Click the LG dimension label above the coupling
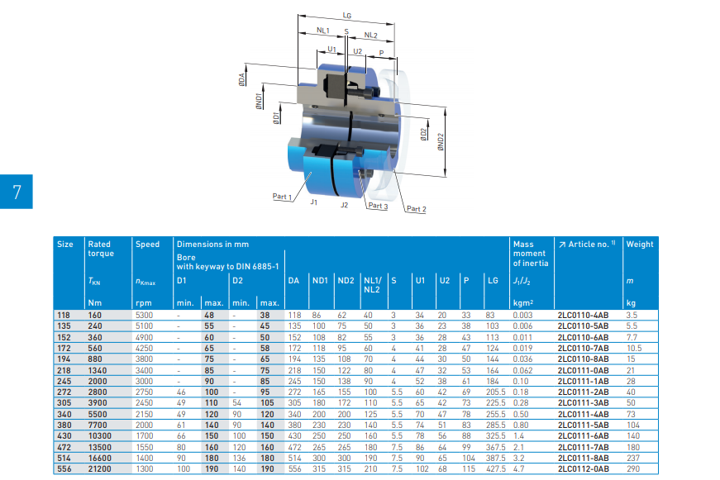click(x=346, y=16)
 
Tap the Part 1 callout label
click(x=282, y=197)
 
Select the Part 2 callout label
click(x=417, y=209)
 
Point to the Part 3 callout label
click(x=378, y=206)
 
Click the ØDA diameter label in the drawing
click(x=242, y=79)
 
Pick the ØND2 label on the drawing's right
click(x=441, y=142)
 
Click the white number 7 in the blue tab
click(x=17, y=192)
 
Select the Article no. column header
click(x=587, y=244)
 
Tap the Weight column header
click(x=640, y=244)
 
